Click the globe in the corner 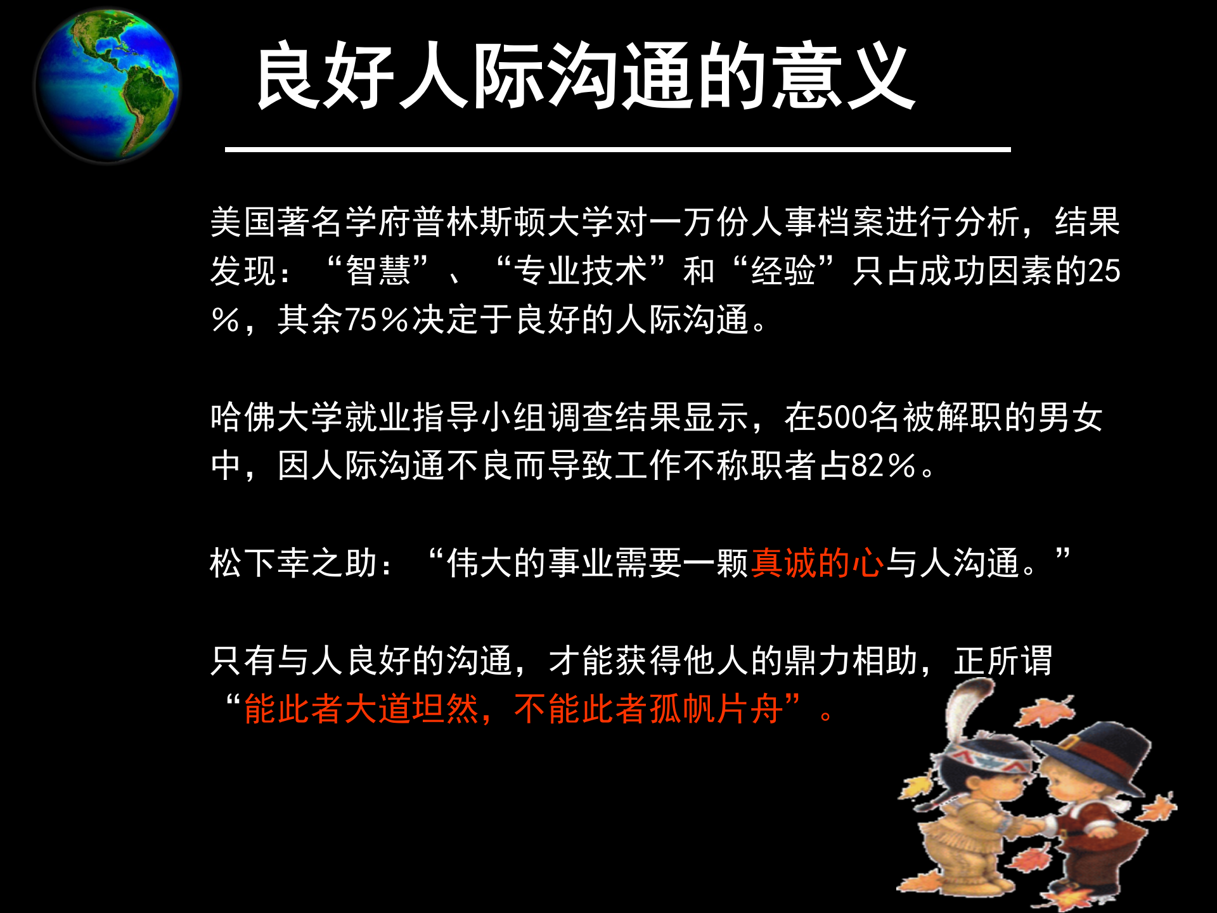[107, 85]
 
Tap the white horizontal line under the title [617, 150]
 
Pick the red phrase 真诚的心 [817, 563]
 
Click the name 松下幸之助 [294, 563]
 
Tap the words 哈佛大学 [277, 418]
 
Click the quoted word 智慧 [378, 271]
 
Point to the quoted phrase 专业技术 [581, 271]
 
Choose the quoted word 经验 [783, 271]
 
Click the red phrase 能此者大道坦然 [361, 709]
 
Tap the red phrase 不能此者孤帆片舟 [648, 709]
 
